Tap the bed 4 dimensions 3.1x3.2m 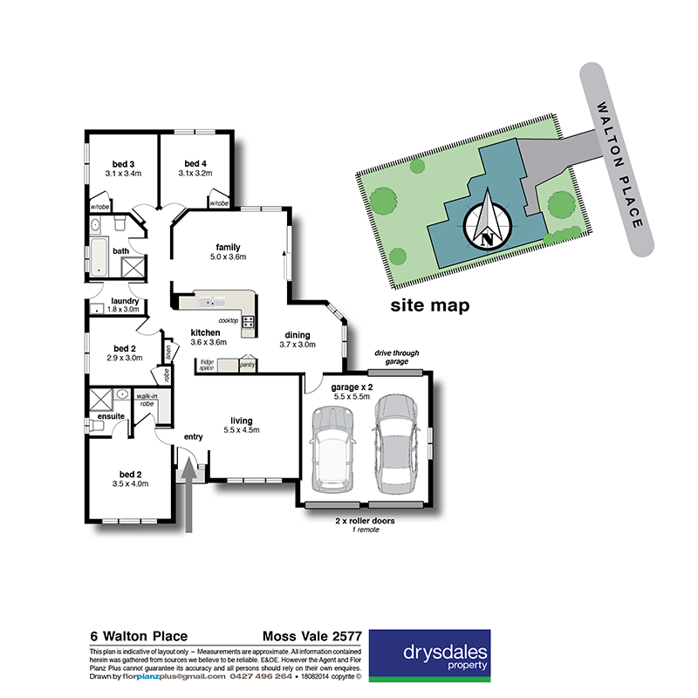(196, 174)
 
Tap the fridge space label (207, 364)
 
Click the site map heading (430, 305)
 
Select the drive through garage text (397, 357)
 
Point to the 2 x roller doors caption (365, 521)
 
